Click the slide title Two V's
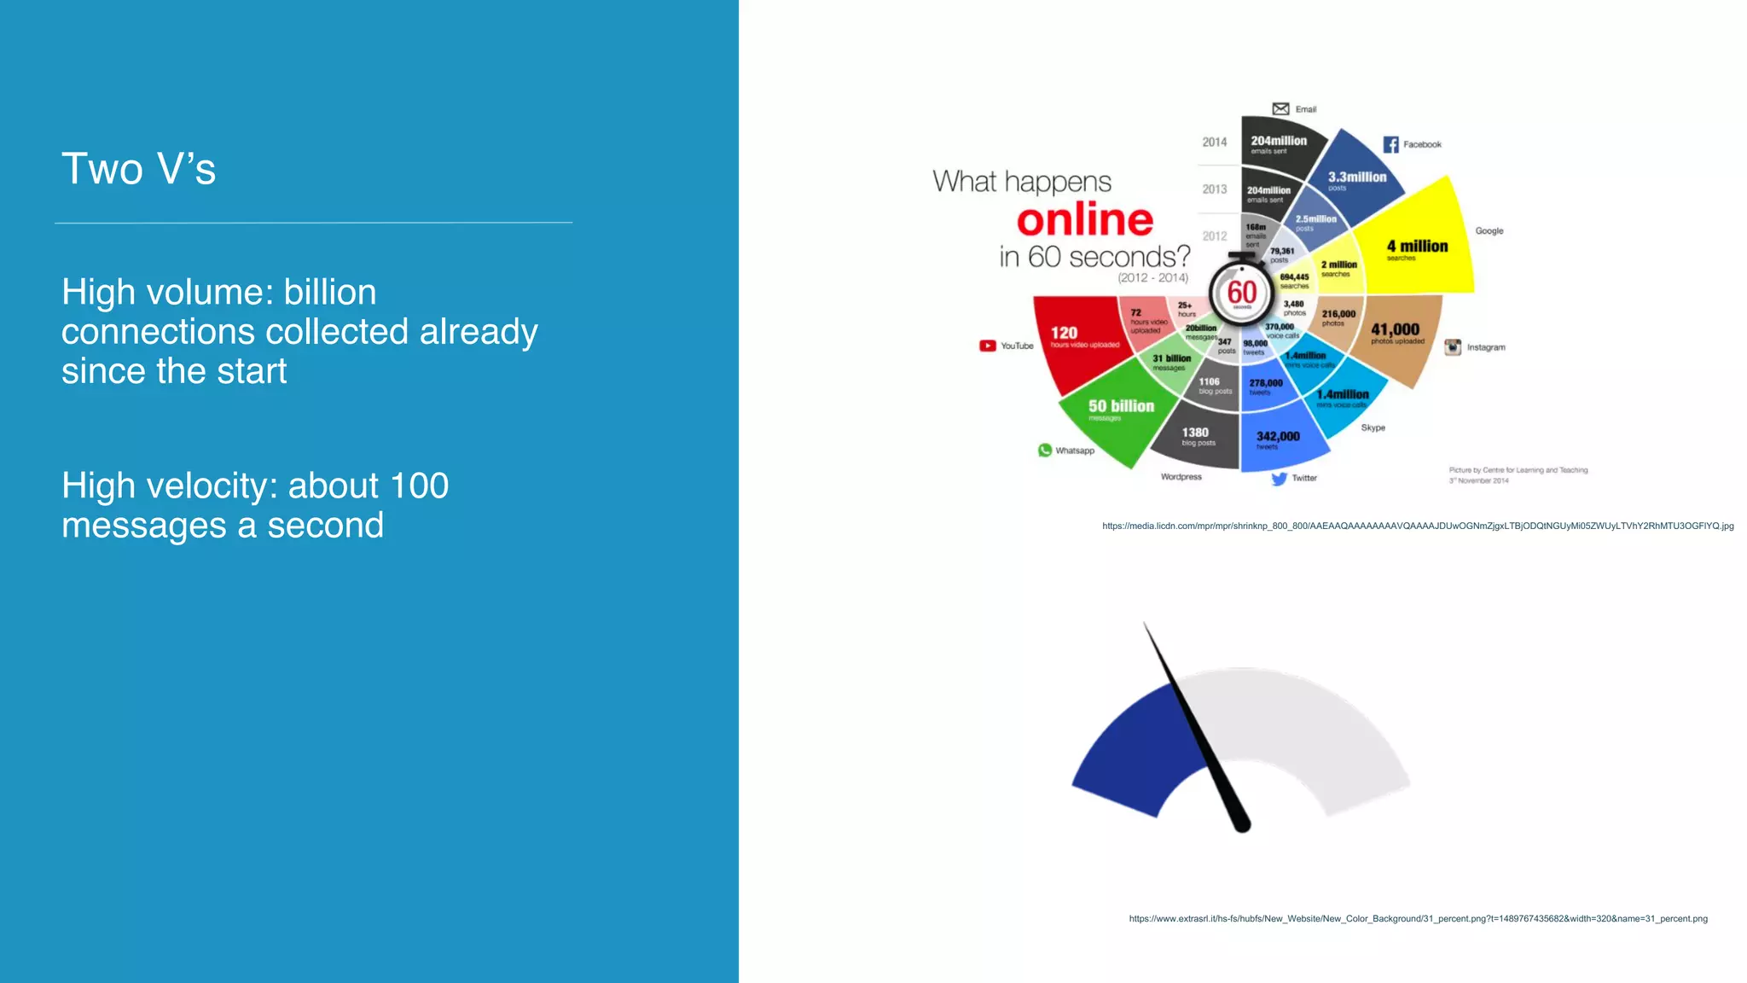coord(138,169)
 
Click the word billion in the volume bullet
coord(329,293)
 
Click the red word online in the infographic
coord(1084,220)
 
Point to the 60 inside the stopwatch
coord(1241,293)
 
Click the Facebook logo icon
coord(1390,144)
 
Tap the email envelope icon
coord(1280,108)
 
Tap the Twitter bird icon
coord(1279,479)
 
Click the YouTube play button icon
coord(987,346)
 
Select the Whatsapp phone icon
coord(1044,450)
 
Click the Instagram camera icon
coord(1453,347)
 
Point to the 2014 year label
coord(1215,143)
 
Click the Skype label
coord(1373,428)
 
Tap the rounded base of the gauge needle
coord(1242,824)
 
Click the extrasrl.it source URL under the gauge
coord(1418,919)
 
